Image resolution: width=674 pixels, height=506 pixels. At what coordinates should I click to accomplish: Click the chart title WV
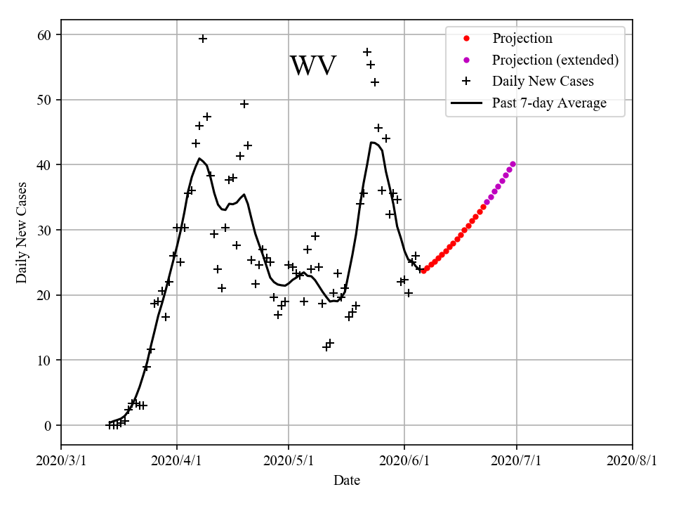point(313,66)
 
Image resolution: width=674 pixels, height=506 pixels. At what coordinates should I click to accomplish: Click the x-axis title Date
point(347,481)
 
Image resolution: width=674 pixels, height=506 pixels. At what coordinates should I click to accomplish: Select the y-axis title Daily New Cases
point(22,233)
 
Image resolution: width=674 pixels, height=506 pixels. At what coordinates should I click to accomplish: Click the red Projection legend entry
point(522,39)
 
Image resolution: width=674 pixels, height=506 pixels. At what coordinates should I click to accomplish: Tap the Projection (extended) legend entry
point(555,60)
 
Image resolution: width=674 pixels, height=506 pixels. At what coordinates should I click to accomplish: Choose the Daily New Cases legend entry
point(542,82)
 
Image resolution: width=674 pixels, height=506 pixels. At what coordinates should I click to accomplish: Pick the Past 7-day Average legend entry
point(548,103)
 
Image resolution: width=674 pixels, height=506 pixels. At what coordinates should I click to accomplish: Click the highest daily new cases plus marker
point(203,39)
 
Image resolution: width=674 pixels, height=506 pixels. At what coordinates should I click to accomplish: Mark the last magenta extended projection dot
point(513,164)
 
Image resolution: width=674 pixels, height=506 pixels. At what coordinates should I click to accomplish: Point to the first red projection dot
point(423,271)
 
